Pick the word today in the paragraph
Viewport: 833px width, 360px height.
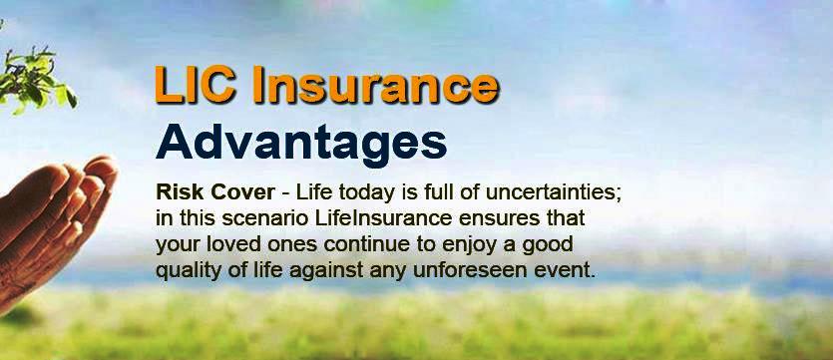[x=362, y=192]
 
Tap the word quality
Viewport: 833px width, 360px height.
[x=186, y=270]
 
